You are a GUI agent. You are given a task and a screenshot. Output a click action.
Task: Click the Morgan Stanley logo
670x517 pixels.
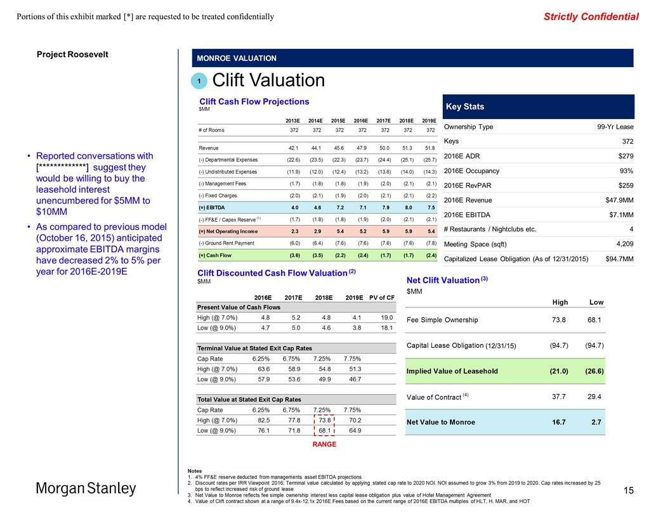pyautogui.click(x=86, y=489)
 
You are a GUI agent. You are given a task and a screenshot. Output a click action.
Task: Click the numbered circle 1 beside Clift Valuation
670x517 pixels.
pyautogui.click(x=199, y=81)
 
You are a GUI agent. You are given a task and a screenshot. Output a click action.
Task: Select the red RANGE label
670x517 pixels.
pyautogui.click(x=324, y=444)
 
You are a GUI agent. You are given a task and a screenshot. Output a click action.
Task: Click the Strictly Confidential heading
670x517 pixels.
pyautogui.click(x=591, y=16)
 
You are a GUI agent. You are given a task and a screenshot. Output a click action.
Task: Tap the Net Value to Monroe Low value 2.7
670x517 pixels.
pyautogui.click(x=596, y=421)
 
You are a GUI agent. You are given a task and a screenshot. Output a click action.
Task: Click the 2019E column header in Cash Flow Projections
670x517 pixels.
pyautogui.click(x=430, y=120)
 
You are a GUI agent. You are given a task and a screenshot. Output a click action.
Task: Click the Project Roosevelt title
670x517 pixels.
pyautogui.click(x=72, y=54)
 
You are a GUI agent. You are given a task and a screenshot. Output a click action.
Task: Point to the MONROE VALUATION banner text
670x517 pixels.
pyautogui.click(x=237, y=58)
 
